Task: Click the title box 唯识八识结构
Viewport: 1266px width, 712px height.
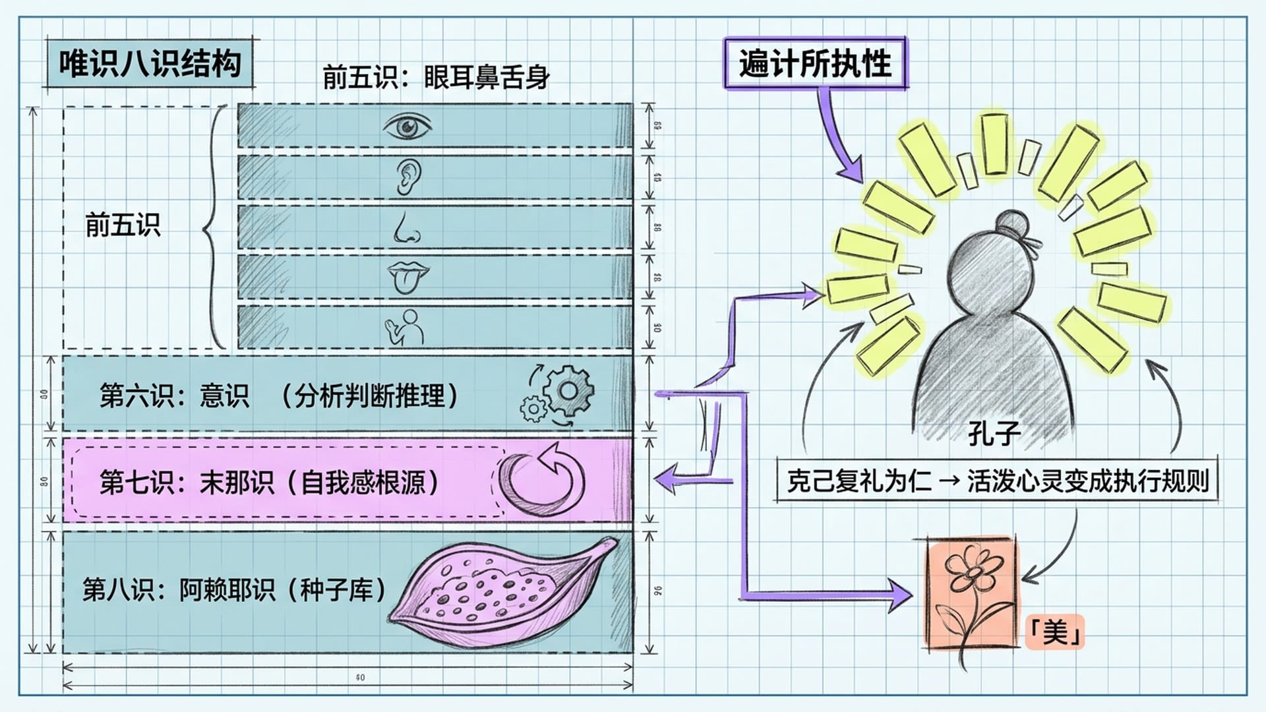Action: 150,65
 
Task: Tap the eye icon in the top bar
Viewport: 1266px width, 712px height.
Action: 407,126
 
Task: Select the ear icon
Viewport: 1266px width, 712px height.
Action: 408,177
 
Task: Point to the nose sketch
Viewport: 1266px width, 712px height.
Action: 406,227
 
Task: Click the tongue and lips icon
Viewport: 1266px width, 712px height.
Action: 407,277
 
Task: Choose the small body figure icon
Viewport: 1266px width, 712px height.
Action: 405,327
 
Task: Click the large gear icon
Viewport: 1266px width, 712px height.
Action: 568,390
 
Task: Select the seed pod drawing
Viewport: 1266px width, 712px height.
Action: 501,592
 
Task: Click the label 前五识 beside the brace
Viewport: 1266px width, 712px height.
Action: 123,225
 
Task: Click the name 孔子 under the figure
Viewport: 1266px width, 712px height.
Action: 994,434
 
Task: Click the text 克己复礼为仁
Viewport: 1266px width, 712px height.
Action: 859,481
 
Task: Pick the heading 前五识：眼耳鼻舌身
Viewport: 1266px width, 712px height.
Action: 436,78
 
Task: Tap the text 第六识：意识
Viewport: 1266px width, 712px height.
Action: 174,396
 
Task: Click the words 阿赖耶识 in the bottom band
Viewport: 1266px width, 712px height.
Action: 227,589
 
